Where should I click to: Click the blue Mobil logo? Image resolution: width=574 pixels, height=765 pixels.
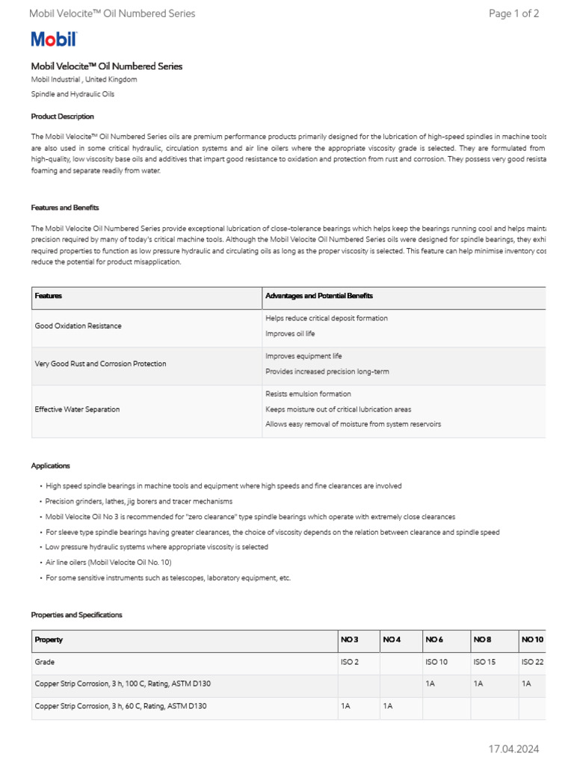(53, 40)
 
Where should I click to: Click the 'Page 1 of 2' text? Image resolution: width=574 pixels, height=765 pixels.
(513, 13)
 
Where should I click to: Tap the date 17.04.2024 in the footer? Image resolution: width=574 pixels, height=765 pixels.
(513, 749)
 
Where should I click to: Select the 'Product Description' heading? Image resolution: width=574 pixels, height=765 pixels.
(62, 117)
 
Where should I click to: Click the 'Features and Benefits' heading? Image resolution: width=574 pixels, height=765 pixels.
(64, 208)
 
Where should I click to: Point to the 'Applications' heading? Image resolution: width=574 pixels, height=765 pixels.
(50, 465)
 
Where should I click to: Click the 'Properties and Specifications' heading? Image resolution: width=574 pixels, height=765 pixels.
(76, 615)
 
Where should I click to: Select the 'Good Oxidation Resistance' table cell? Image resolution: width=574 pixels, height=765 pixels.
(78, 326)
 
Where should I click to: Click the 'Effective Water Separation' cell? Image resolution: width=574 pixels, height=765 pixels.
(77, 409)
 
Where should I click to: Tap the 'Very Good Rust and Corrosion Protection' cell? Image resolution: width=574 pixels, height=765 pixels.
(100, 364)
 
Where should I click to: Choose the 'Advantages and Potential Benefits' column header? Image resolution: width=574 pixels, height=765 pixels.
(319, 296)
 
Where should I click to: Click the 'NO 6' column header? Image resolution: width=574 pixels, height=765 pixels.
(434, 639)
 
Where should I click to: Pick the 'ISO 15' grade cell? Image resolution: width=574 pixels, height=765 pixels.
(484, 662)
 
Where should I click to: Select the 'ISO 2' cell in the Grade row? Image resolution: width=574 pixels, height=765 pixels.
(350, 662)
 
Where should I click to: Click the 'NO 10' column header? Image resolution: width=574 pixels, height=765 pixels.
(532, 639)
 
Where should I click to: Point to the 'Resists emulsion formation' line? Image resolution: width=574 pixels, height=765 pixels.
(308, 394)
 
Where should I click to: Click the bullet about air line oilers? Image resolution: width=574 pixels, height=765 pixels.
(108, 563)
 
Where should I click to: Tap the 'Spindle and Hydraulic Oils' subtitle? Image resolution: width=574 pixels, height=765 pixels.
(72, 95)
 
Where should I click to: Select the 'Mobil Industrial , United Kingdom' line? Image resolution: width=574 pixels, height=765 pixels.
(84, 79)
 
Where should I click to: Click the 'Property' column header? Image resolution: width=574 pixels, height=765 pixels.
(49, 639)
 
